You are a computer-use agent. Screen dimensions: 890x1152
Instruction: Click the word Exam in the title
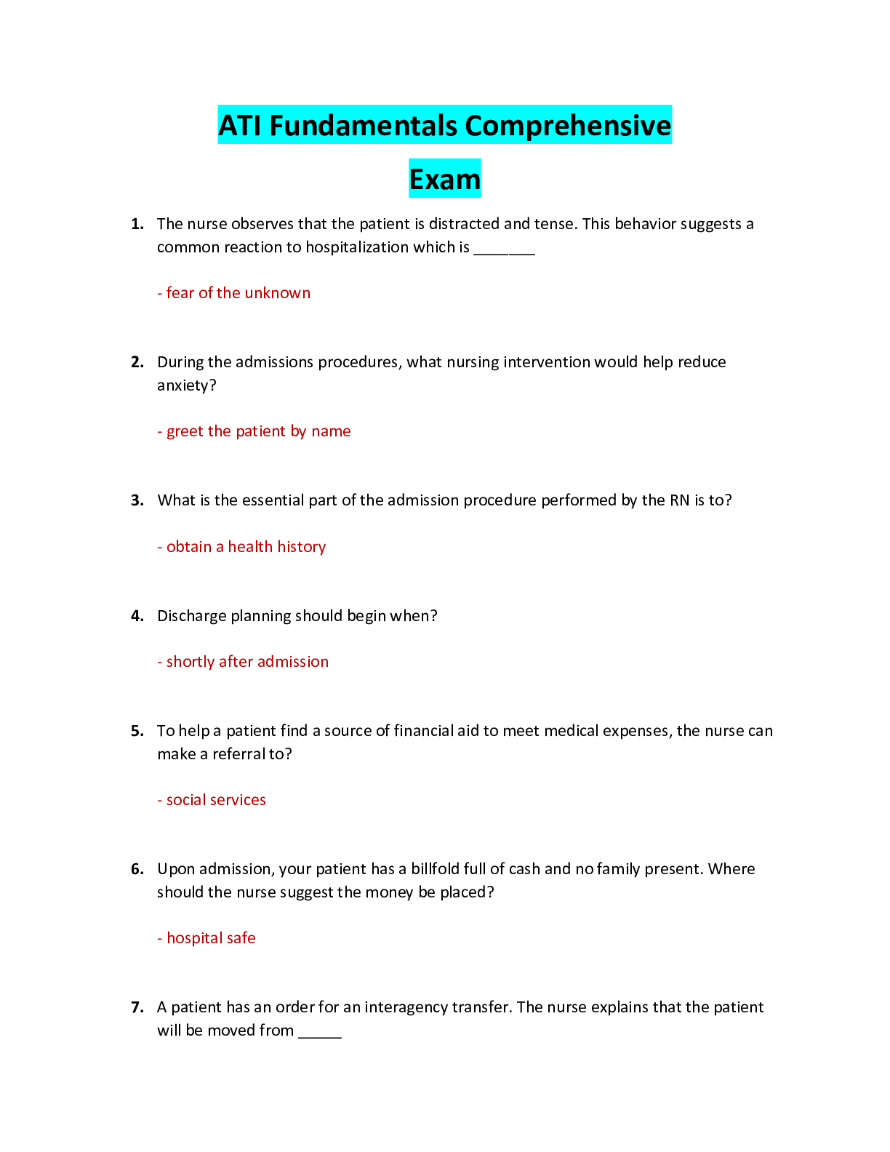point(445,179)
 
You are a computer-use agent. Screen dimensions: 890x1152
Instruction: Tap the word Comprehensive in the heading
point(568,126)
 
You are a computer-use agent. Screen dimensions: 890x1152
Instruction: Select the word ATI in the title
point(241,126)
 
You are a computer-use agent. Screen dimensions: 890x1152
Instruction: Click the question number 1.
point(137,224)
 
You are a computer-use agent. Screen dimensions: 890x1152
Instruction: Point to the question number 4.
point(137,615)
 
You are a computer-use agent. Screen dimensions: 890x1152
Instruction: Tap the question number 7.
point(137,1007)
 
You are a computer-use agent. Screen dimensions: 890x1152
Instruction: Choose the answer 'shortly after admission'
point(243,662)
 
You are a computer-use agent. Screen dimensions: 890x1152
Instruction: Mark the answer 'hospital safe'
point(207,938)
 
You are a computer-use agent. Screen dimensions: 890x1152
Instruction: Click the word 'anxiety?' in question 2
point(187,385)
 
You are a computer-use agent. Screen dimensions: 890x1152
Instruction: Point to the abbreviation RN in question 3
point(680,500)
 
